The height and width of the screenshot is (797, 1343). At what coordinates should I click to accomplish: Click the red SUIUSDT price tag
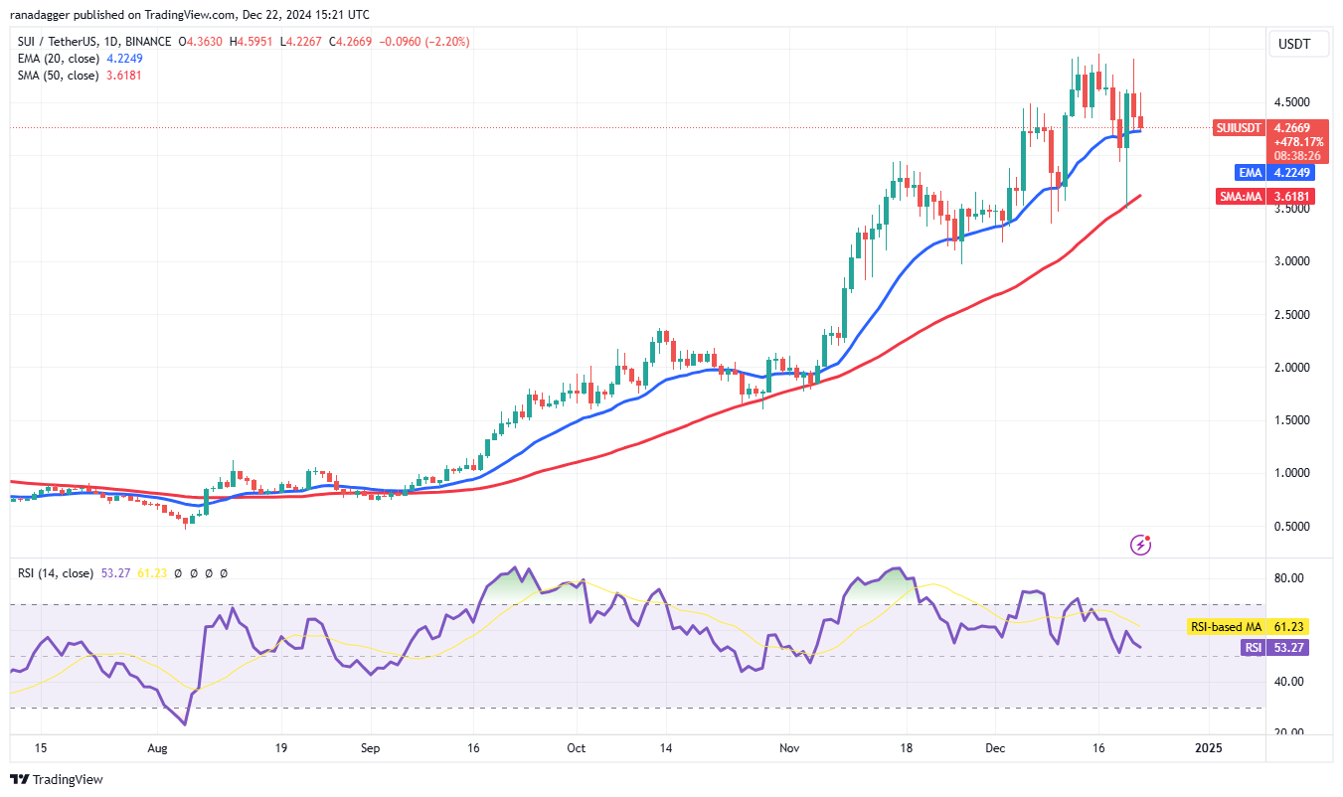(x=1240, y=128)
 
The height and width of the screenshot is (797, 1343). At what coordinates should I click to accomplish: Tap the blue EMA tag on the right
(x=1250, y=172)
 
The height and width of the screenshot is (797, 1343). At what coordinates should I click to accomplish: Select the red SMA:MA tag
(x=1241, y=197)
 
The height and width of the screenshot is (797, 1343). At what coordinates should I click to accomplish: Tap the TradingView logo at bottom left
(x=57, y=779)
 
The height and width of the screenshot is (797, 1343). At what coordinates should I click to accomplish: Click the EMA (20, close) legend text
(x=55, y=59)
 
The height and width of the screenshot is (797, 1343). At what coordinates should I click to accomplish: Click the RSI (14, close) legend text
(x=56, y=573)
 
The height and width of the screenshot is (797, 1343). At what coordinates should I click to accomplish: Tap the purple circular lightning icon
(x=1141, y=545)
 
